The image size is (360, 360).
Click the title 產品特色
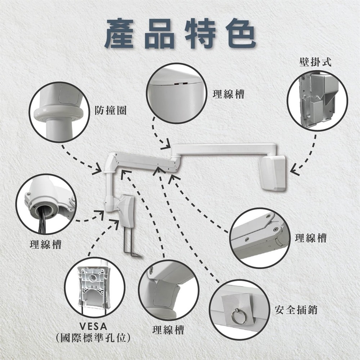point(180,33)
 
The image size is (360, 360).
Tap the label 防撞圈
point(111,111)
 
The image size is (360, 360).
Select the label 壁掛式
point(315,62)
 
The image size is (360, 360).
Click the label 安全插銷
point(296,310)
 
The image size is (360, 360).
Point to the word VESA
point(93,326)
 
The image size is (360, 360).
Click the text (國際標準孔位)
point(93,338)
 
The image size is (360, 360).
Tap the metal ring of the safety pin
point(237,316)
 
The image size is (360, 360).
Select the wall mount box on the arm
point(272,173)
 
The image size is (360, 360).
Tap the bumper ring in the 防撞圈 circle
point(58,113)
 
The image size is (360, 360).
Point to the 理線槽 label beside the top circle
point(228,94)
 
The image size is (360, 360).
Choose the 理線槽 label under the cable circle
point(46,244)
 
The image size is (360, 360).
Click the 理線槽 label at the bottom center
point(168,330)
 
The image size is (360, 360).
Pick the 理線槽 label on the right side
point(310,238)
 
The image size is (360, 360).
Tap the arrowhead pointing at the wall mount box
point(295,170)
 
